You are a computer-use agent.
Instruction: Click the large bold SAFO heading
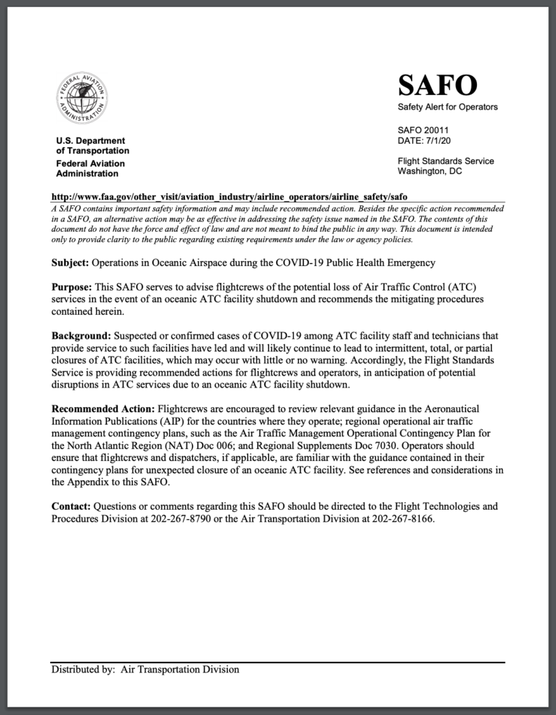click(x=437, y=85)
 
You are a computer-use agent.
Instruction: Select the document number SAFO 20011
click(x=423, y=130)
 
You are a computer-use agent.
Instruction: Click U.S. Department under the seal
click(x=90, y=140)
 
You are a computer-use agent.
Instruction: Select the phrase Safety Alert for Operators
click(x=448, y=107)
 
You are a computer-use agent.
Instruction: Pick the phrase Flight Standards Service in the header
click(x=446, y=161)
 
